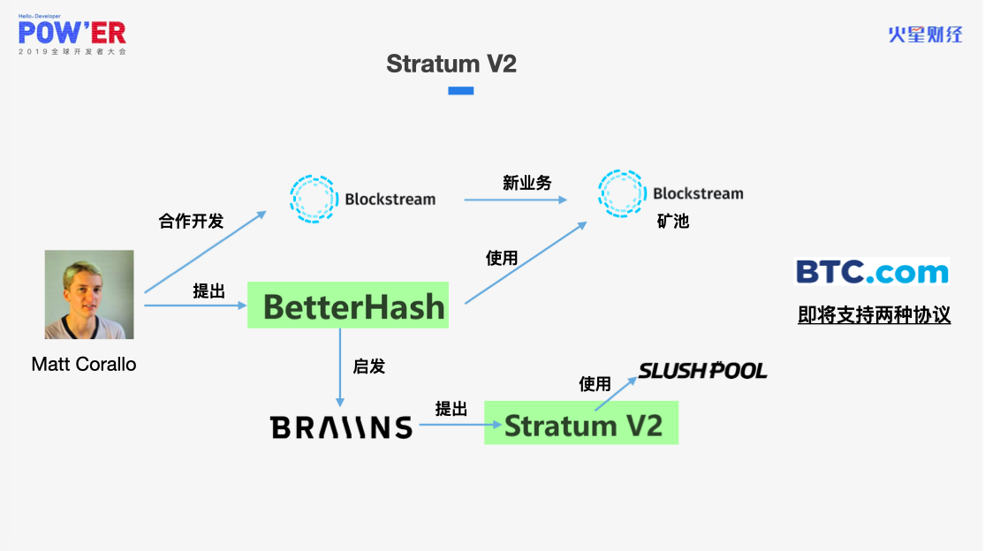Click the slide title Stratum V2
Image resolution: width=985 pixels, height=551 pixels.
point(451,64)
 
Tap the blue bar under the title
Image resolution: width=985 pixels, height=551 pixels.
point(460,91)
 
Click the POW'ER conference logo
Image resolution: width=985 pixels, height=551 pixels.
point(72,34)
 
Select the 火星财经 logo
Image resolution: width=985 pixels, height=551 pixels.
point(925,34)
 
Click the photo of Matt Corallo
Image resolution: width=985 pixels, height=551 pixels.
point(89,294)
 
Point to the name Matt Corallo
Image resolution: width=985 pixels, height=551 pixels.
point(84,364)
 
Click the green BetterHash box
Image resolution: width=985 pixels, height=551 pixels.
point(348,305)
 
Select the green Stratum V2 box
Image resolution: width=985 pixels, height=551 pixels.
point(581,422)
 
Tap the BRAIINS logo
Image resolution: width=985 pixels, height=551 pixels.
point(341,427)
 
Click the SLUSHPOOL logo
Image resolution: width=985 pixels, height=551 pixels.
point(702,371)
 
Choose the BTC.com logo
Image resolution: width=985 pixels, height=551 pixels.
point(873,272)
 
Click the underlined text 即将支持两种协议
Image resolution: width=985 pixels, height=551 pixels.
point(874,314)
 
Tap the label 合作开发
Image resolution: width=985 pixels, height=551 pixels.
point(191,221)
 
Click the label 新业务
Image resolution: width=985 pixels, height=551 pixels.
point(527,183)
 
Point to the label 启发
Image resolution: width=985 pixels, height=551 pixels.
point(368,366)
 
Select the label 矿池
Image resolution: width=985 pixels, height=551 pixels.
point(673,221)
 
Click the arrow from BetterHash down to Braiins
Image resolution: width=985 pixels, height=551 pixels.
point(340,367)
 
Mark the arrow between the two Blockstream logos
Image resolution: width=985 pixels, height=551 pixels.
point(516,200)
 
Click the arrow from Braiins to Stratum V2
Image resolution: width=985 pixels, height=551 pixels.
point(460,425)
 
